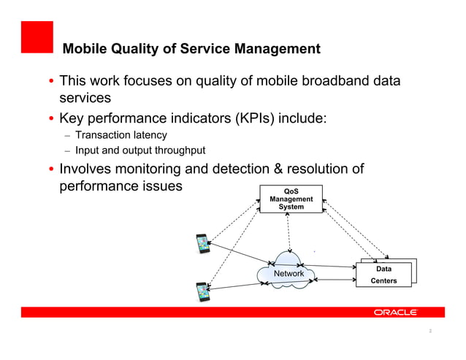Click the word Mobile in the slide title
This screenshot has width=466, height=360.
click(x=85, y=50)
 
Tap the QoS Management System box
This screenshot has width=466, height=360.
click(x=291, y=199)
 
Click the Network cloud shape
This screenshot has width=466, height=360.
click(x=288, y=273)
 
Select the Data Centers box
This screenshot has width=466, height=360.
click(x=383, y=275)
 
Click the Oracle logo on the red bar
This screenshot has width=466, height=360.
click(x=395, y=312)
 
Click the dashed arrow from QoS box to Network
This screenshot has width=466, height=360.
click(x=289, y=232)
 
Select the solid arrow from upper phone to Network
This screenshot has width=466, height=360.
click(x=241, y=255)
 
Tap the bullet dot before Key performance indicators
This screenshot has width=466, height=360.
click(x=51, y=118)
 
